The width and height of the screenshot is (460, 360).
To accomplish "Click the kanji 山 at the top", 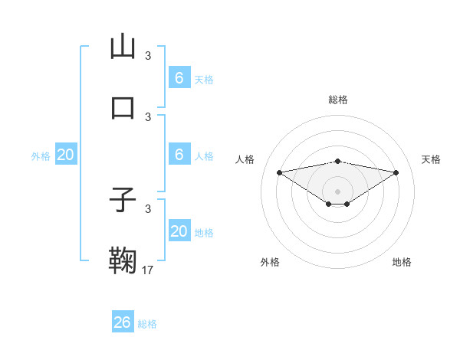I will point(123,47).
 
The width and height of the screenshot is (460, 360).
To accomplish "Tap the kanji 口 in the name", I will point(123,106).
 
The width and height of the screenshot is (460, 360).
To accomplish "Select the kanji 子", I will point(123,200).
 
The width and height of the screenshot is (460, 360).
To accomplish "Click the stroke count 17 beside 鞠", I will point(148,270).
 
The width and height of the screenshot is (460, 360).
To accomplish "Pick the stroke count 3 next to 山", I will point(148,56).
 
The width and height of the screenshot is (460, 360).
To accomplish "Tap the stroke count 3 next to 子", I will point(148,209).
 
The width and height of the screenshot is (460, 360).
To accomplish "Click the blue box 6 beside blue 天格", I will point(179,78).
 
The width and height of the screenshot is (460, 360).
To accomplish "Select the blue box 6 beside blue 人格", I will point(179,155).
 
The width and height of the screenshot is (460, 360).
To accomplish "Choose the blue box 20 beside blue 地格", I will point(179,231).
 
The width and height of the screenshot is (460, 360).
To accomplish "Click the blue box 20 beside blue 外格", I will point(65,155).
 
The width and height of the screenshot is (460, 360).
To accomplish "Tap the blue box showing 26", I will point(122,322).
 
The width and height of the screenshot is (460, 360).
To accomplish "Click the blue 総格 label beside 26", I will point(147,324).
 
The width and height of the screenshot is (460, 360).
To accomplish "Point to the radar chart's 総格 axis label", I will point(338,100).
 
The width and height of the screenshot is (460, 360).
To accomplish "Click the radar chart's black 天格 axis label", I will point(431,159).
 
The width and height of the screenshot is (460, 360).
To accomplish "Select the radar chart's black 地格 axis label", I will point(402,262).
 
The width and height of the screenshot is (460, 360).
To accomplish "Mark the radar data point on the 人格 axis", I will point(280,172).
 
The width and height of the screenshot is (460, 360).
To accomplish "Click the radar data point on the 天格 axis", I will point(396,172).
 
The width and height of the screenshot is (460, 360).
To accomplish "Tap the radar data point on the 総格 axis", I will point(338,161).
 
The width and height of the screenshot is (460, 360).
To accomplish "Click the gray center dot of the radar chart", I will point(338,191).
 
